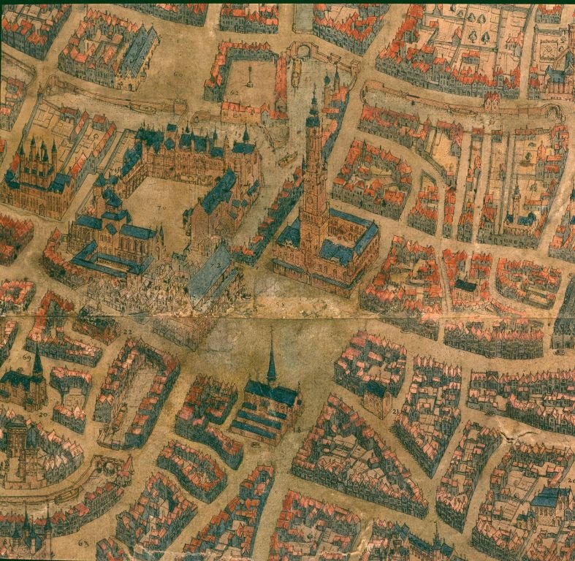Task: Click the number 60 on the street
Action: pyautogui.click(x=178, y=75)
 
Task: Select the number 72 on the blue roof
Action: pyautogui.click(x=217, y=264)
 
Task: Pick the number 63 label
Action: pyautogui.click(x=82, y=544)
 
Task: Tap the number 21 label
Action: pyautogui.click(x=395, y=413)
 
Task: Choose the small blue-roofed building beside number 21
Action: pyautogui.click(x=377, y=394)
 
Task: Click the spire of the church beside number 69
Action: pyautogui.click(x=36, y=358)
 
